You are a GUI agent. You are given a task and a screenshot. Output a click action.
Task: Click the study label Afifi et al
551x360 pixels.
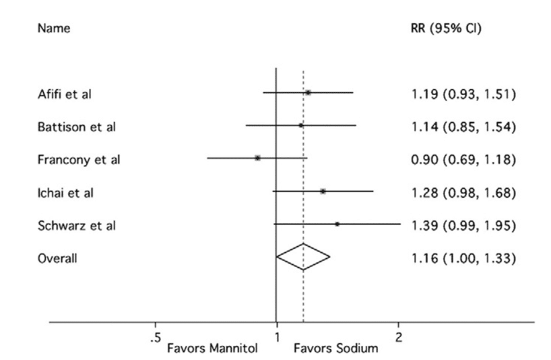coord(64,94)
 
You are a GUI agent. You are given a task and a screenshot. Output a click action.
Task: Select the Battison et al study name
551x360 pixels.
coord(71,126)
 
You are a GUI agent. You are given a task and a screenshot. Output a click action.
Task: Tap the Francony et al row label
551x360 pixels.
coord(73,159)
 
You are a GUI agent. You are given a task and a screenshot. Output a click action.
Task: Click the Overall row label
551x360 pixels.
coord(57,258)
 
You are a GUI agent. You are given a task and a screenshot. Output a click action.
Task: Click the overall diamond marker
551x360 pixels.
coord(303,257)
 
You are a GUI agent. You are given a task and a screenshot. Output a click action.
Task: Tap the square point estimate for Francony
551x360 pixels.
coord(257,158)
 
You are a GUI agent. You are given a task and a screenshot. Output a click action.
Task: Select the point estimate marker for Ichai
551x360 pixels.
coord(323,191)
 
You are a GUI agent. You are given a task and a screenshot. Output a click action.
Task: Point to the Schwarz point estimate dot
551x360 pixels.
coord(337,224)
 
